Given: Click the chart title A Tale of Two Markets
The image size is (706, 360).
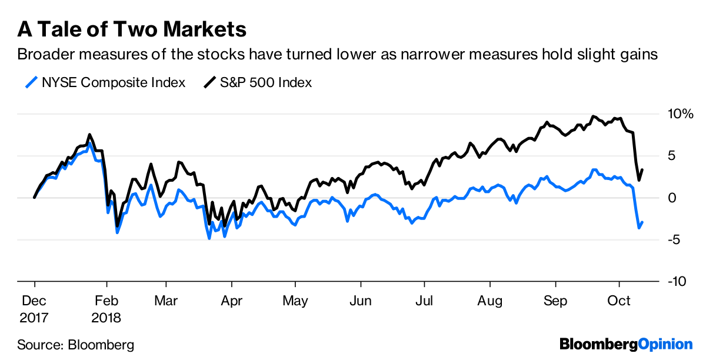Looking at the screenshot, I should coord(131,28).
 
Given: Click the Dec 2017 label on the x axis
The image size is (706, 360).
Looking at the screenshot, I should coord(35,309).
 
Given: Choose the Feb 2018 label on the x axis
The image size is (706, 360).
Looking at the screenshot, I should coord(106,309).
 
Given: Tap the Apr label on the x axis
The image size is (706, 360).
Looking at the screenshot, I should coord(231,301).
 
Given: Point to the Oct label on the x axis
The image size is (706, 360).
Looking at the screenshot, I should coord(619,301).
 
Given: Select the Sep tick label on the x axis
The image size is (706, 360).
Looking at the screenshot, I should coord(555,301).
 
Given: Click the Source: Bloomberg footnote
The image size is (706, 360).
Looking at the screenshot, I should coord(75,344).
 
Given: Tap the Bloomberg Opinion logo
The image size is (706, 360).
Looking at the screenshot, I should coord(626,344).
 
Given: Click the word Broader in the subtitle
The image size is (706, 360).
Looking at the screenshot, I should coord(46,55).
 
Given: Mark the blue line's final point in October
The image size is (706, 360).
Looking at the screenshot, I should coord(642,222).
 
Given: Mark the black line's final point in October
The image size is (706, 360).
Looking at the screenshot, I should coord(642,170).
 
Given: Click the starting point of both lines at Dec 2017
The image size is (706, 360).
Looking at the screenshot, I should coord(34,198).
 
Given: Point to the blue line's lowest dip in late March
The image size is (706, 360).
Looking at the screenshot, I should coord(209,238).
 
